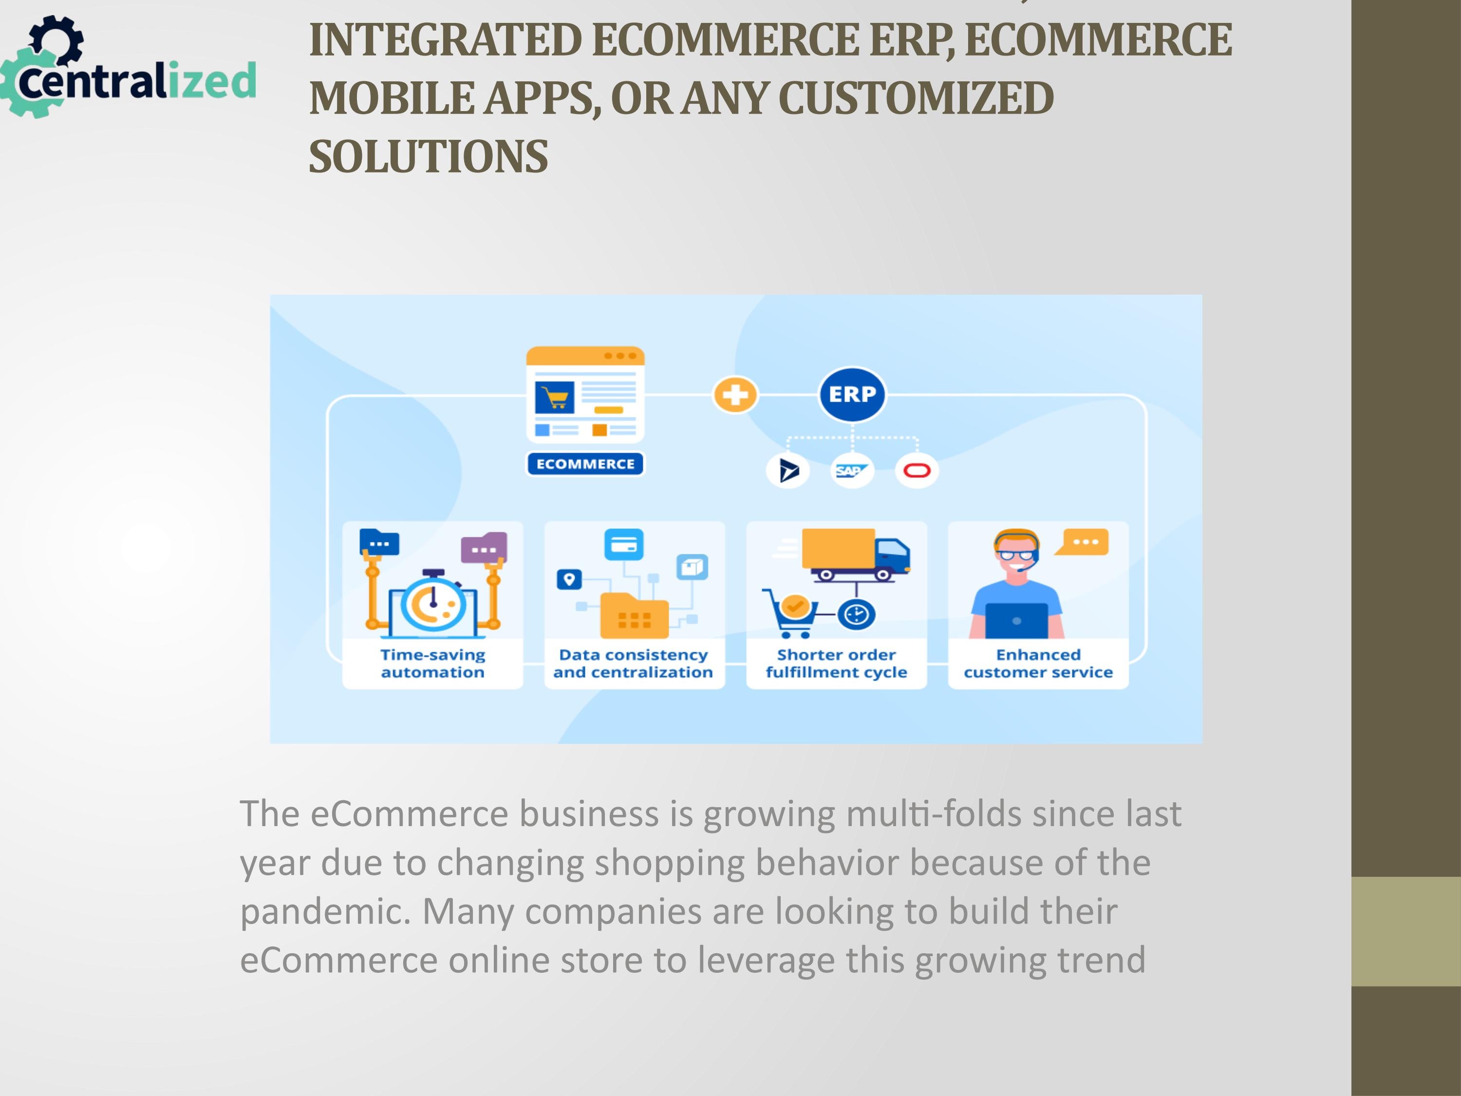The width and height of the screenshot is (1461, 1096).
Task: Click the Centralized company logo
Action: (128, 67)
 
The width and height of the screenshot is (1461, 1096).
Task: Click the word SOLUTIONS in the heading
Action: (429, 156)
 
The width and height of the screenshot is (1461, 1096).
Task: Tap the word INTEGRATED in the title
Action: (445, 39)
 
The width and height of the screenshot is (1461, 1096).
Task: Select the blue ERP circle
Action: (852, 395)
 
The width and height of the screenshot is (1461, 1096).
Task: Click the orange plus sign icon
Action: (735, 395)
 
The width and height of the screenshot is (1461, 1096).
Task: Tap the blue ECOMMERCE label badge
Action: (585, 464)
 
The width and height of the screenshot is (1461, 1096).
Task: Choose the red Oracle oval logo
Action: (917, 471)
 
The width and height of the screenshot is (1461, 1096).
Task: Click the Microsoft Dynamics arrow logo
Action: (788, 471)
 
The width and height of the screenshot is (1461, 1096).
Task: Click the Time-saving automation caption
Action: (432, 663)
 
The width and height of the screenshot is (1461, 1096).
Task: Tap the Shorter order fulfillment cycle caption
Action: (836, 663)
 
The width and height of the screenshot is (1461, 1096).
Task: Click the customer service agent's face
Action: (1016, 556)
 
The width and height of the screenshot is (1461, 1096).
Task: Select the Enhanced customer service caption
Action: (1038, 663)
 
